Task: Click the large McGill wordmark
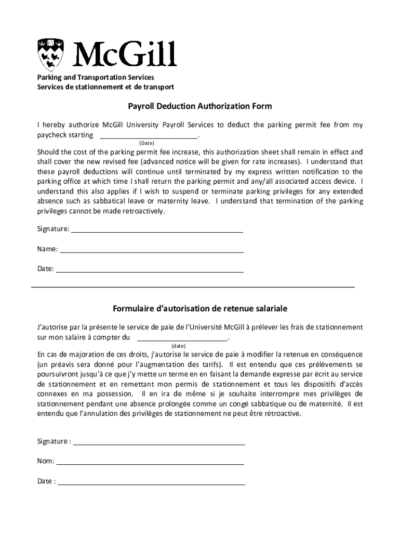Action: [x=125, y=54]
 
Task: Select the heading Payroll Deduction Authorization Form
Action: [x=200, y=107]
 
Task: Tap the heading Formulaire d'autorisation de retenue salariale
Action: [x=200, y=309]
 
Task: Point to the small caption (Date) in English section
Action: [x=146, y=143]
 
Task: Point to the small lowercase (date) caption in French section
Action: [x=179, y=346]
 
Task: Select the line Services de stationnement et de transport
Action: [x=105, y=87]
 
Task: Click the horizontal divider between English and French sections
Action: [x=193, y=287]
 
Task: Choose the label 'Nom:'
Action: [x=46, y=462]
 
